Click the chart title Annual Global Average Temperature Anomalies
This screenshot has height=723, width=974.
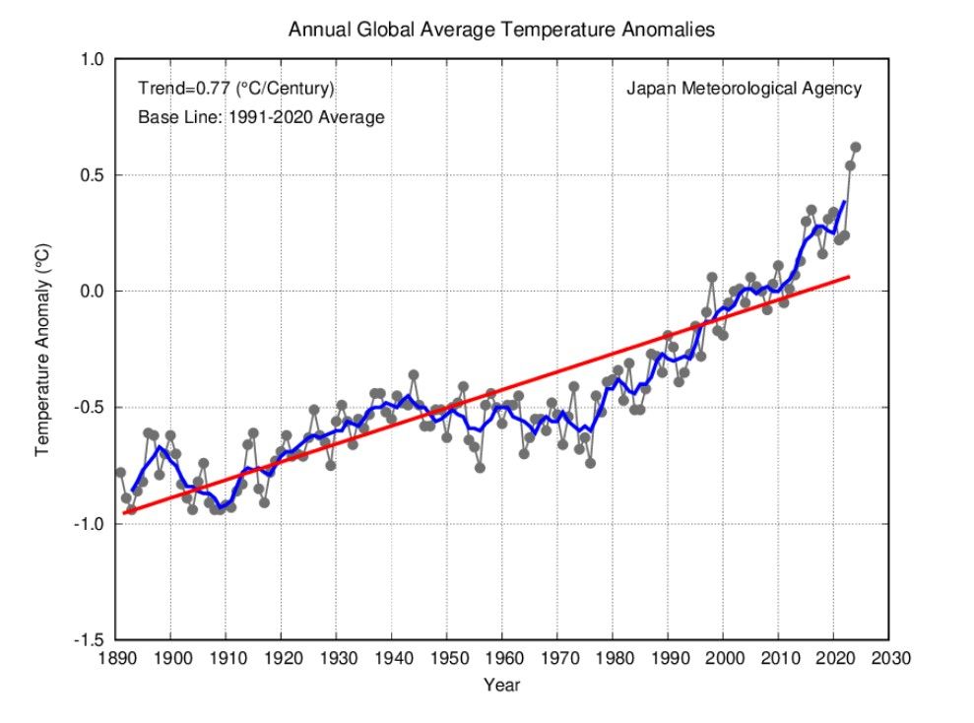click(x=501, y=30)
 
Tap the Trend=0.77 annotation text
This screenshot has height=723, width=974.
click(x=236, y=89)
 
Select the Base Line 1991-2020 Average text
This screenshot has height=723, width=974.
click(x=261, y=117)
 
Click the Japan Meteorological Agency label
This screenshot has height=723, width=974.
click(x=744, y=89)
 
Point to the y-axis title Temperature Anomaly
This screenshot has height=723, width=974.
click(x=42, y=351)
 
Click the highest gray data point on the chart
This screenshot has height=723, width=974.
click(x=856, y=147)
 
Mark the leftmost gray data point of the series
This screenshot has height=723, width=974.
click(x=120, y=473)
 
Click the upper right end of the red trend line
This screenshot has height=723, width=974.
click(x=849, y=277)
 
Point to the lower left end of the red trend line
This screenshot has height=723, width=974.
click(x=125, y=512)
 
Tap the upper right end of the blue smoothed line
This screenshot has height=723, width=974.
click(x=845, y=202)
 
